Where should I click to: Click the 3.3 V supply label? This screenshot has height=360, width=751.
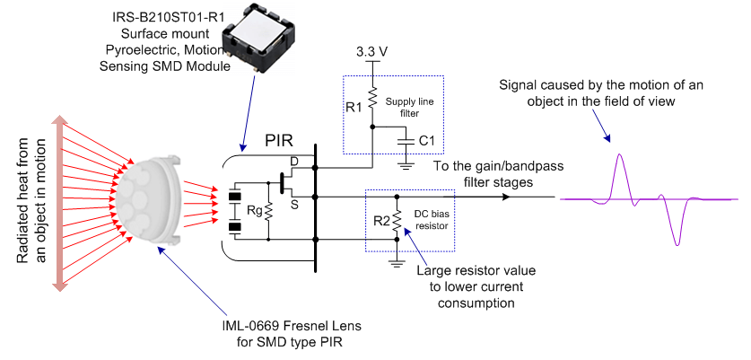pos(371,51)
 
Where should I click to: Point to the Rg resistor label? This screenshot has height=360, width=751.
pos(253,212)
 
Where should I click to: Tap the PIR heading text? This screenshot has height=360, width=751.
pos(280,141)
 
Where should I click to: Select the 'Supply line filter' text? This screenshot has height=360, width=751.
pos(412,107)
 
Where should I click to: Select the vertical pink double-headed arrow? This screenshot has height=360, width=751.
pos(60,201)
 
